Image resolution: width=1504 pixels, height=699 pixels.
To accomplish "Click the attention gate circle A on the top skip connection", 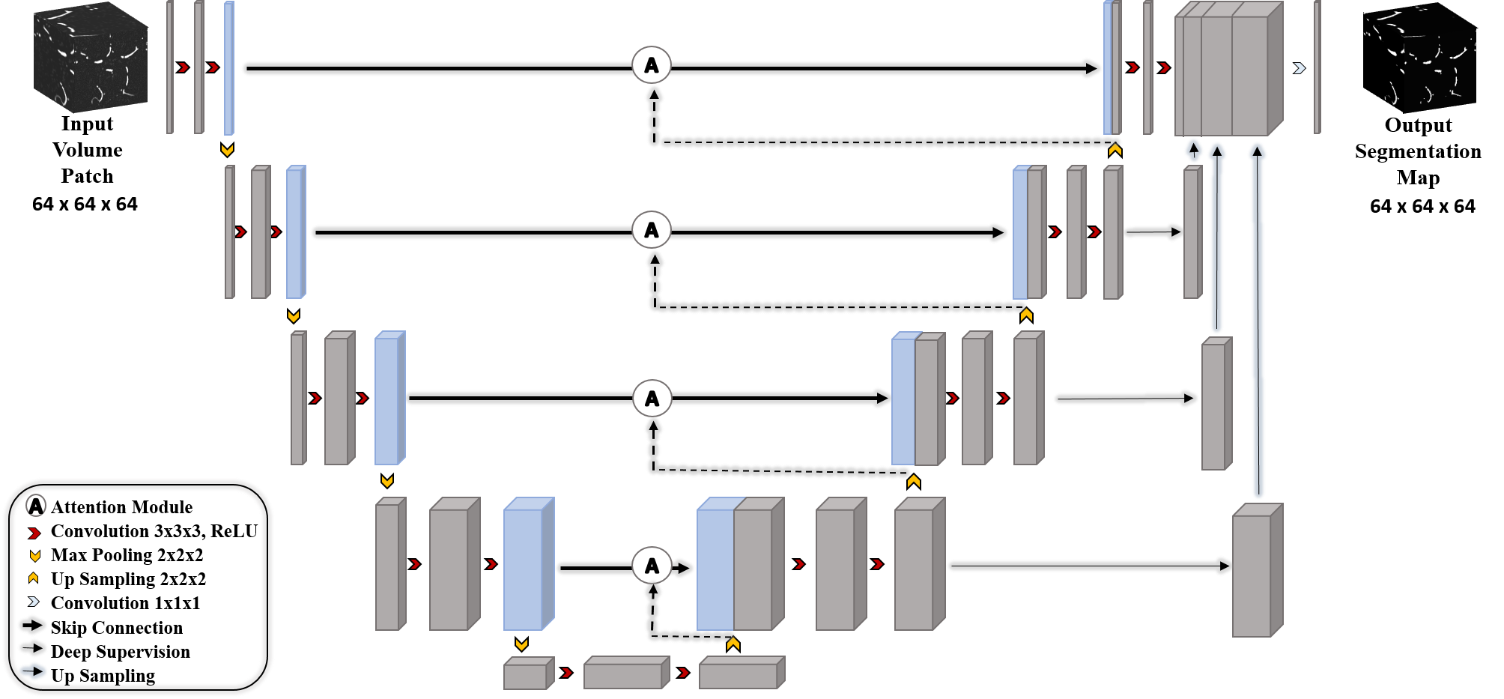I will click(652, 65).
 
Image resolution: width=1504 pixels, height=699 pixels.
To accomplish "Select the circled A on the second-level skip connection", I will click(652, 230).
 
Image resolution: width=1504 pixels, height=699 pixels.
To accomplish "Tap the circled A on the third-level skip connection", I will click(652, 398).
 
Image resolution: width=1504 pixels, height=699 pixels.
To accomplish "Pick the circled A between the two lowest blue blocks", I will click(652, 566).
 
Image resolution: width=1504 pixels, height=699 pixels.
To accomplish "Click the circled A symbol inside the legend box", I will click(36, 506).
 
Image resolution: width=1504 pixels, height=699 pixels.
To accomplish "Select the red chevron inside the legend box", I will click(34, 533).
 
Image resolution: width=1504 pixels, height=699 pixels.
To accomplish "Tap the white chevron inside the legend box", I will click(34, 602).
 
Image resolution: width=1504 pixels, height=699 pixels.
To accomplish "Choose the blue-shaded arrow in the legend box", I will click(33, 671).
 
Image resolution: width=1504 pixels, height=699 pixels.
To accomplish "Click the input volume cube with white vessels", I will click(91, 57).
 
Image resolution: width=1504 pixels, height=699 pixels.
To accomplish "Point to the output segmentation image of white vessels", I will click(1419, 57).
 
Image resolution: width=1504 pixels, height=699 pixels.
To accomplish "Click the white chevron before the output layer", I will click(1300, 68).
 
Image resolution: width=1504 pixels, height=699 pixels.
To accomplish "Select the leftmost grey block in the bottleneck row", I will click(528, 674).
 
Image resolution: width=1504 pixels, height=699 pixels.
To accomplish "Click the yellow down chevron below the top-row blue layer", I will click(228, 151).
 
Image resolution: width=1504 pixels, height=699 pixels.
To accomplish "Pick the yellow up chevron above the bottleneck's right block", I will click(733, 644).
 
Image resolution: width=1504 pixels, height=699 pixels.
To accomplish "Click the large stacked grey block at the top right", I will click(1228, 70).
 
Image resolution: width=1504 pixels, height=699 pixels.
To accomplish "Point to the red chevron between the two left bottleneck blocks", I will click(567, 673).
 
